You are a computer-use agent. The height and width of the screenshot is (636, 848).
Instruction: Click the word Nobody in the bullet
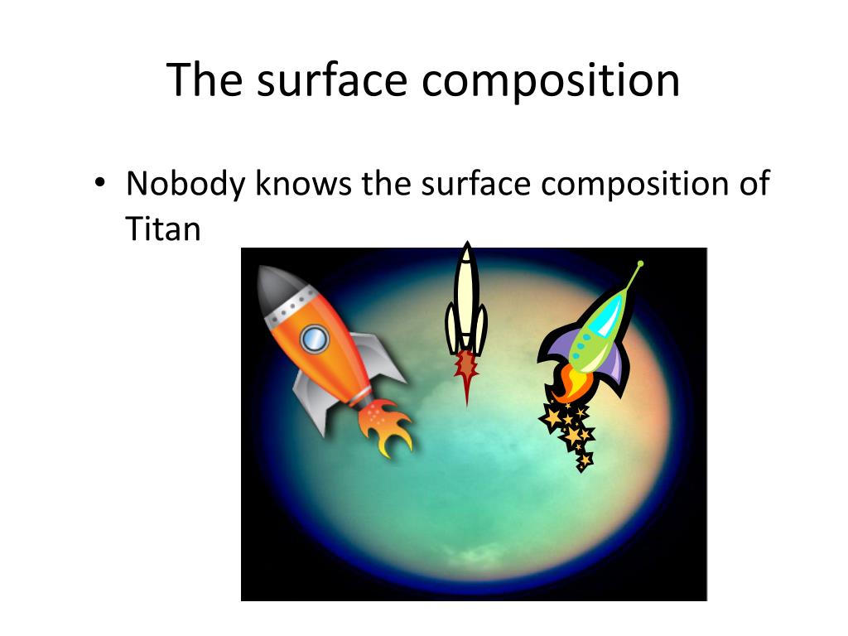[185, 183]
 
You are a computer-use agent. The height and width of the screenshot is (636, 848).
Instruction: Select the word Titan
[163, 228]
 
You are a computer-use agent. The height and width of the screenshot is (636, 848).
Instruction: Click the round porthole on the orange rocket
[315, 337]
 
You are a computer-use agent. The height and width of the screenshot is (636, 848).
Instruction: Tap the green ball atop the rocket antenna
[640, 264]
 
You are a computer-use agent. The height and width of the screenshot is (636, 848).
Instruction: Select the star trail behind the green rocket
[571, 431]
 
